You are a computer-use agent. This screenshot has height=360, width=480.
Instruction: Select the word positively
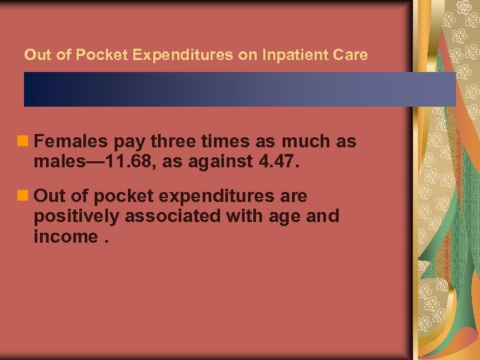[x=76, y=216]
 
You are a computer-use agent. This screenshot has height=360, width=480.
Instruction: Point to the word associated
[x=173, y=216]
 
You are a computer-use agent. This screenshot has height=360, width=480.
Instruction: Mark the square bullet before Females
[x=25, y=141]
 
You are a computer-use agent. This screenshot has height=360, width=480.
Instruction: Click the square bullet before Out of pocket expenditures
[x=25, y=196]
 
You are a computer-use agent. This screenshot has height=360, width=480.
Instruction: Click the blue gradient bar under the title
[x=240, y=89]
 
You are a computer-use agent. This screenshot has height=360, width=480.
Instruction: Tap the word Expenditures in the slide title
[x=183, y=55]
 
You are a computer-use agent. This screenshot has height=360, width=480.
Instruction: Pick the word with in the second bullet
[x=248, y=216]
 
